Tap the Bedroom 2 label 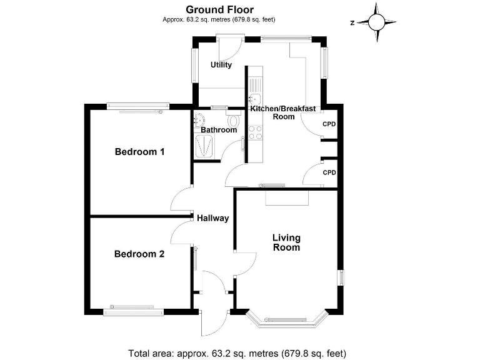pos(139,254)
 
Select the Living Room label pos(286,242)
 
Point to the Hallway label pos(212,219)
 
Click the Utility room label pos(221,64)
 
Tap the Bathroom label pos(219,130)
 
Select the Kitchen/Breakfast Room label pos(283,112)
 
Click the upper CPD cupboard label pos(329,124)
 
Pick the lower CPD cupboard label pos(329,172)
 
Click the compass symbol pos(377,22)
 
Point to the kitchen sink pos(255,99)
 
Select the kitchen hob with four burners pos(256,132)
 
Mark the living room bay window pos(287,320)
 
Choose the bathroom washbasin pos(200,120)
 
